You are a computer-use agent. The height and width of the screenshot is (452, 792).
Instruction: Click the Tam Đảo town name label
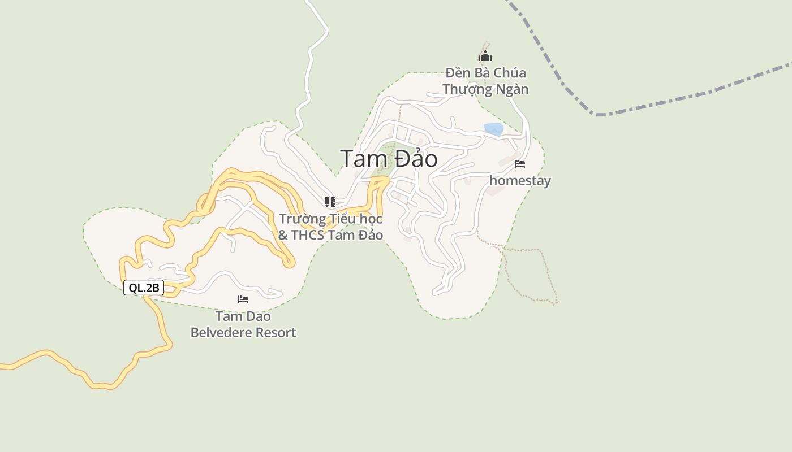389,159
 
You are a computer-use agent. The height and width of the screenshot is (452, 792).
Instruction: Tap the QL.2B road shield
144,288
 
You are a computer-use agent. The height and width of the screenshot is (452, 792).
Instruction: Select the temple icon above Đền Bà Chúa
485,56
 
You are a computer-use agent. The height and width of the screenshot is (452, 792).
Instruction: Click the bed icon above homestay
520,164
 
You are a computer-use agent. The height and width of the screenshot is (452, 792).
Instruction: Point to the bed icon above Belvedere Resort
243,299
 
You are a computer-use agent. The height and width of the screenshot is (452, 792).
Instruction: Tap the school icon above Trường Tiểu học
330,202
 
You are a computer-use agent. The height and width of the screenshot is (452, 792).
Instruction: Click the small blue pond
493,129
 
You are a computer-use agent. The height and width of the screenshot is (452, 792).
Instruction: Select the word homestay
520,181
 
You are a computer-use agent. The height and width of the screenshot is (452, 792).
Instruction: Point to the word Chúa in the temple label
510,73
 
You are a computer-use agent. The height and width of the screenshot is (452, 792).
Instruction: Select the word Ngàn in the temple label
513,89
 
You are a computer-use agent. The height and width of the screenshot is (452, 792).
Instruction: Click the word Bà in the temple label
483,73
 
